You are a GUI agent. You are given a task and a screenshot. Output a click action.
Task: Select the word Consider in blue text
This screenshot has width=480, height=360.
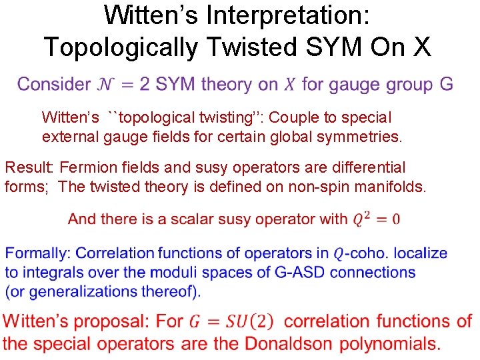53,85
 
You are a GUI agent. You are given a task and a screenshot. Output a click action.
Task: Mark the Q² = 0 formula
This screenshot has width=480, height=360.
376,219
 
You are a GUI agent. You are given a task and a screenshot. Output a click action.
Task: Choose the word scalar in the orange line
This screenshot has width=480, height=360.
179,219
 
